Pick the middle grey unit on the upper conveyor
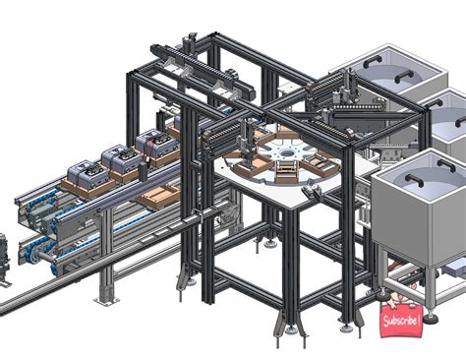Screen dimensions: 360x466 pyautogui.click(x=120, y=159)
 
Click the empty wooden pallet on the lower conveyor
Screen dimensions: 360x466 pyautogui.click(x=158, y=197)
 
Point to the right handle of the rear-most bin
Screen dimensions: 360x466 pyautogui.click(x=403, y=76)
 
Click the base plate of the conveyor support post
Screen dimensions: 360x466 pyautogui.click(x=106, y=296)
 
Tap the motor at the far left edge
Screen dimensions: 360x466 pyautogui.click(x=4, y=253)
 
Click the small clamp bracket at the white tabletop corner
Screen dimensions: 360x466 pyautogui.click(x=312, y=195)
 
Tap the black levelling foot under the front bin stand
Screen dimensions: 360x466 pyautogui.click(x=380, y=292)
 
